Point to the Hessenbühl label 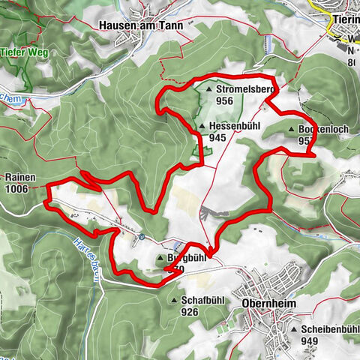235,127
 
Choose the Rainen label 19,177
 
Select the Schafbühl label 200,300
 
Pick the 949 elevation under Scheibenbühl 308,341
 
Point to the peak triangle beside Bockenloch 291,129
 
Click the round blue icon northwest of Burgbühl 141,236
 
